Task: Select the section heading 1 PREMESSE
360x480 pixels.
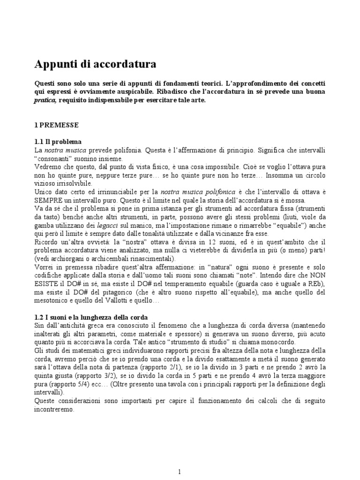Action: point(59,125)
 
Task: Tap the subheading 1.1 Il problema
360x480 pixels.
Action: point(58,142)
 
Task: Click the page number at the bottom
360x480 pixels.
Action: point(180,458)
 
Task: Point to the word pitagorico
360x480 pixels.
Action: point(129,292)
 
